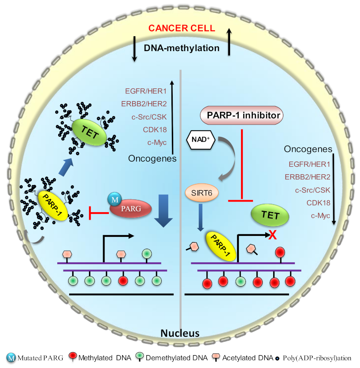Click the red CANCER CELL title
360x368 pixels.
pyautogui.click(x=182, y=28)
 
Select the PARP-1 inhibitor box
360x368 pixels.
pyautogui.click(x=241, y=115)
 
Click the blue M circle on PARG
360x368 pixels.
pyautogui.click(x=113, y=201)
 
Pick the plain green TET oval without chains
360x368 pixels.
pyautogui.click(x=270, y=215)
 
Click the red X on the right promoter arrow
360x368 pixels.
pyautogui.click(x=272, y=236)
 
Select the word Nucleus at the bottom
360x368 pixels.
pyautogui.click(x=180, y=333)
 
